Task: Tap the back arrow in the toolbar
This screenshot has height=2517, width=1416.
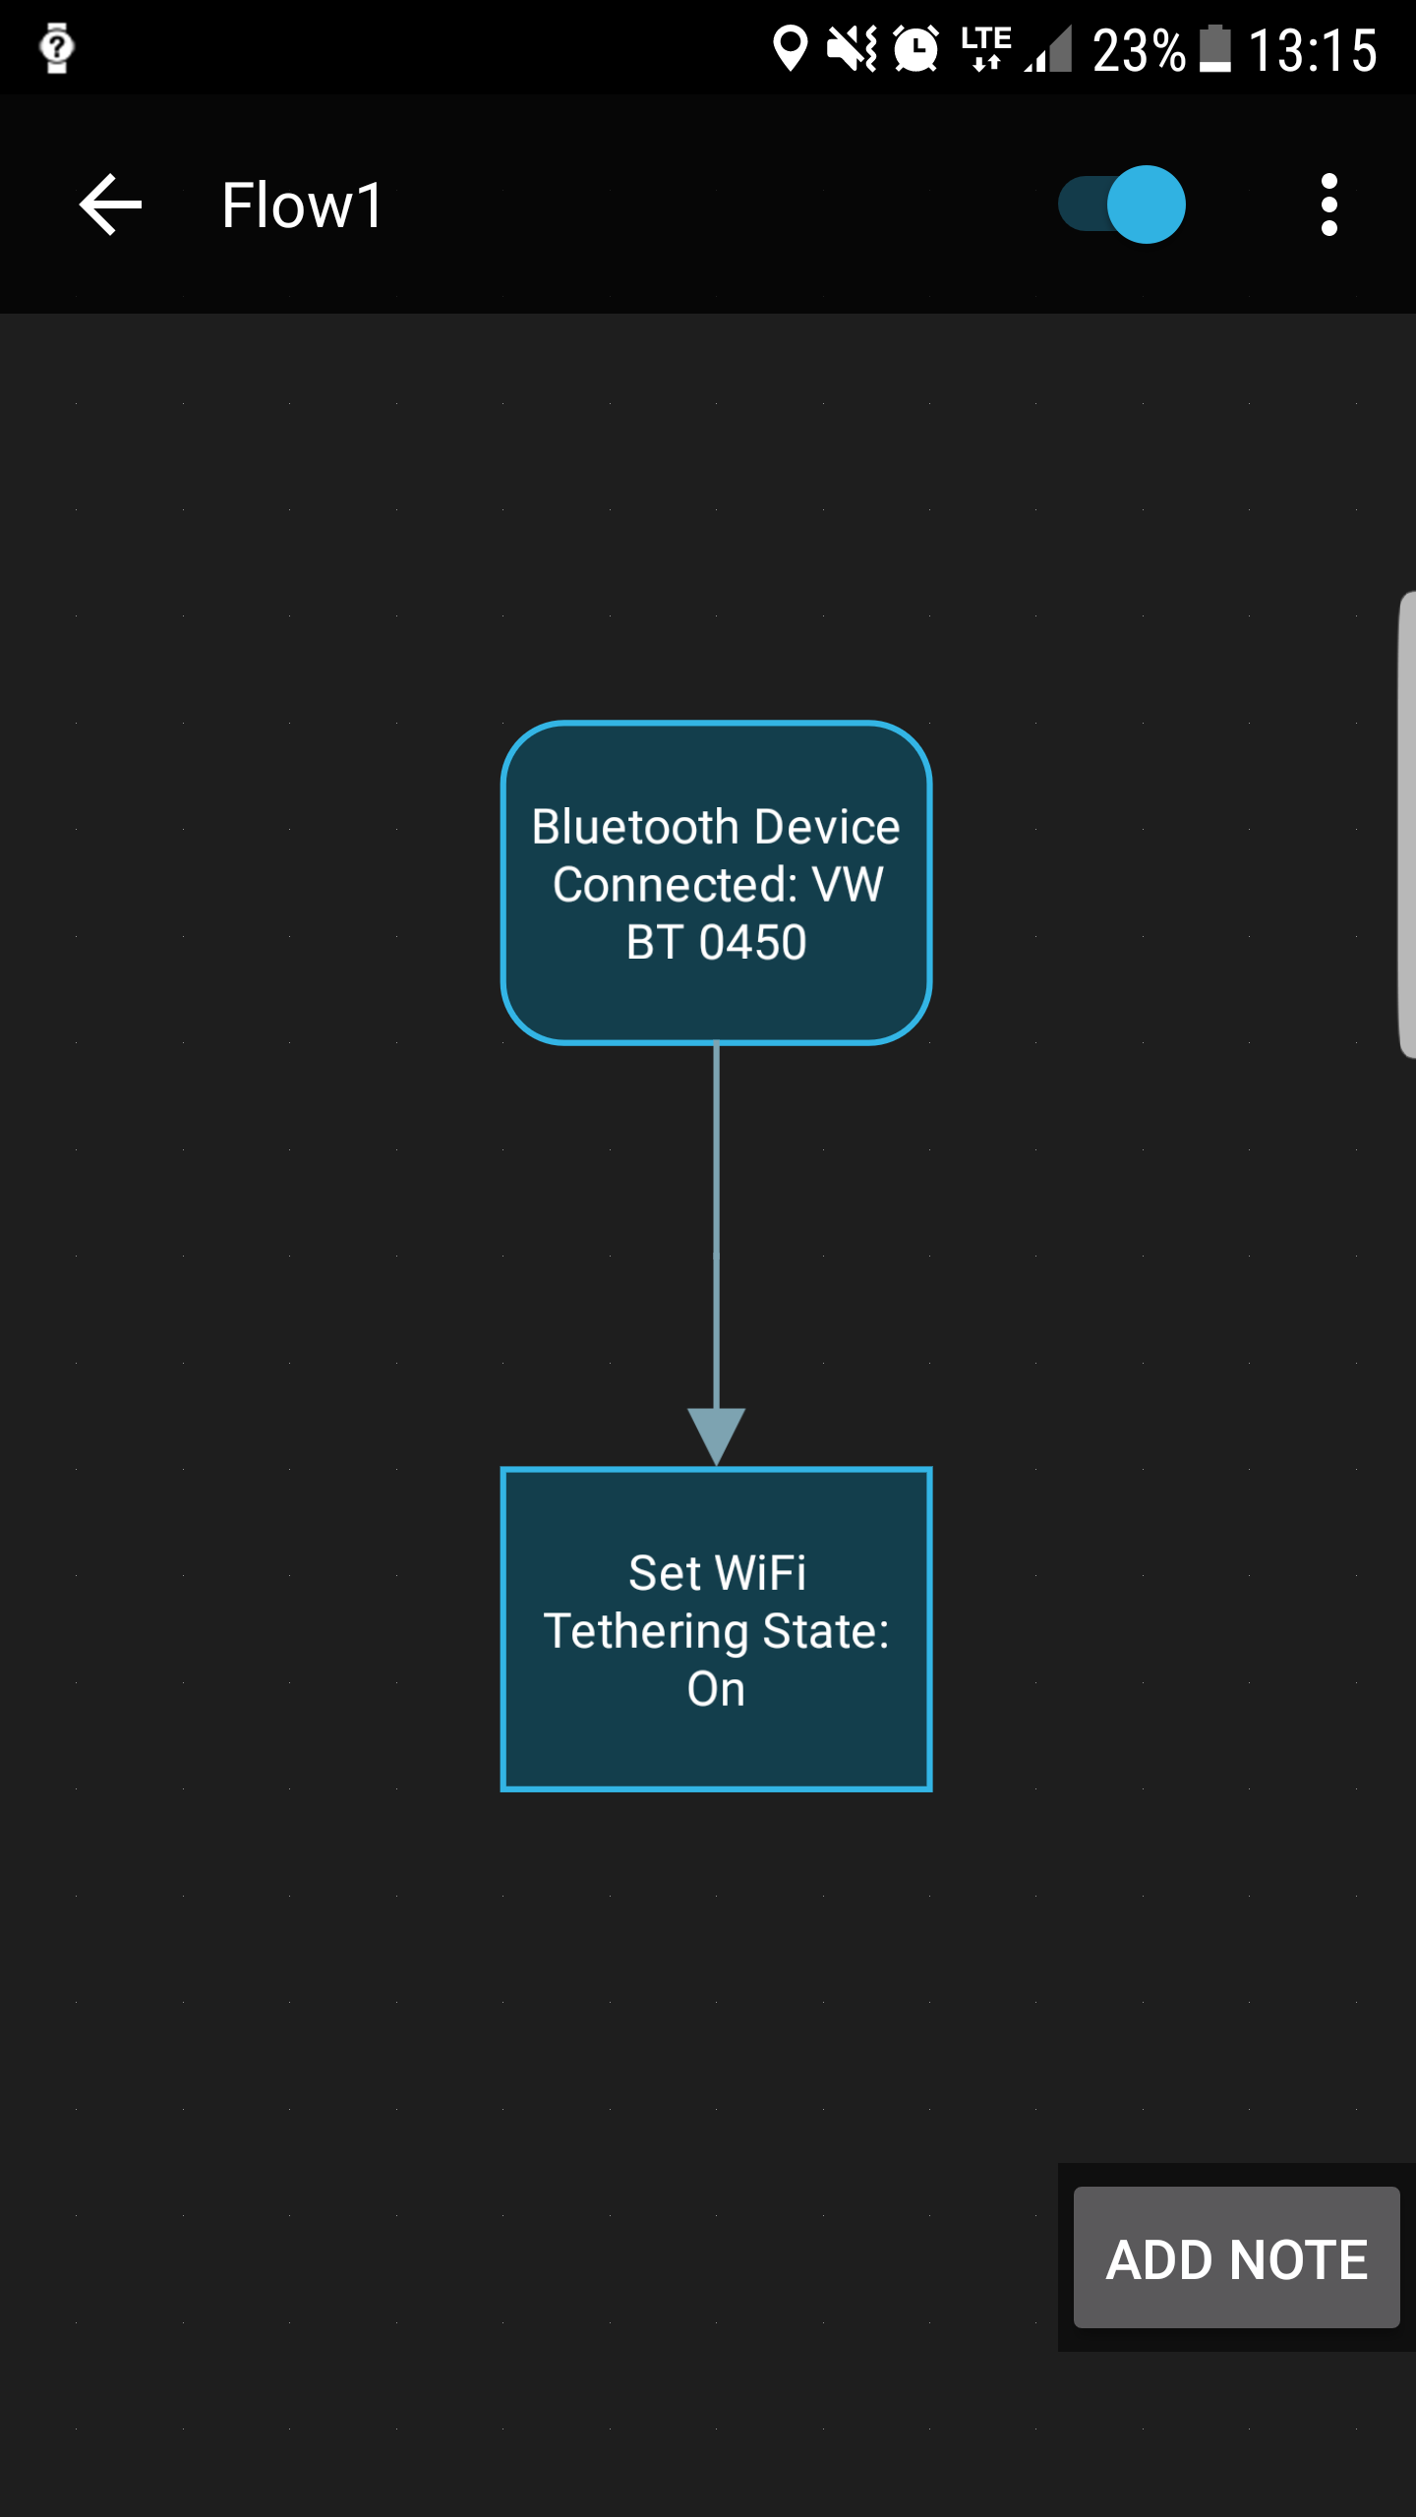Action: (110, 205)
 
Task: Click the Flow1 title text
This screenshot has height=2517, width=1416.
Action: (302, 205)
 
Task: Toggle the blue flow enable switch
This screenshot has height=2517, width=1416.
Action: (1122, 205)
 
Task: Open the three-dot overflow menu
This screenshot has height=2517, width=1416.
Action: (1329, 205)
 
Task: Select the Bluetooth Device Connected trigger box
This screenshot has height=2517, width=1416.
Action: (716, 882)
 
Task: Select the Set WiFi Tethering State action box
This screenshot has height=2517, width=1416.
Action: (716, 1629)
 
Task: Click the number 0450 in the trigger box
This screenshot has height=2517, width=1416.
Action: (753, 943)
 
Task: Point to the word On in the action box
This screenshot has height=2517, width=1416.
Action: (716, 1690)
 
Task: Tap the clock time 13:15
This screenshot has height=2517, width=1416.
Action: (1313, 50)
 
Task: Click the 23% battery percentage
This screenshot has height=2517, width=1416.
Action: (1139, 50)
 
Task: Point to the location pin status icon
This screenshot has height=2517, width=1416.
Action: (790, 49)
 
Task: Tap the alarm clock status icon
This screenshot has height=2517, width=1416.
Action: (916, 49)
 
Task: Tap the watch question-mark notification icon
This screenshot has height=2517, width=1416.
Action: (57, 47)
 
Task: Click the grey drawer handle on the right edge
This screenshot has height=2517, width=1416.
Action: (1407, 824)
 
